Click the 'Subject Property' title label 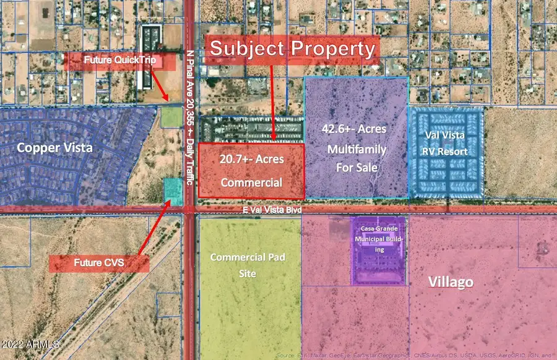click(x=293, y=49)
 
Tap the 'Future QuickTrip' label click(x=113, y=61)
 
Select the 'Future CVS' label click(x=98, y=263)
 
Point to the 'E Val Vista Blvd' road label click(x=272, y=211)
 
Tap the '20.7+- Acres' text click(x=252, y=160)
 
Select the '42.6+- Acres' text click(x=353, y=129)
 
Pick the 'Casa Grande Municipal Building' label click(x=378, y=238)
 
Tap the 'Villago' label click(x=451, y=283)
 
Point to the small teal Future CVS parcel click(x=173, y=192)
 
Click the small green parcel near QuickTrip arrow click(x=171, y=118)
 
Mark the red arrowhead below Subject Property click(x=273, y=139)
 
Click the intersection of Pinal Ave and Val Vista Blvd click(x=190, y=210)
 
